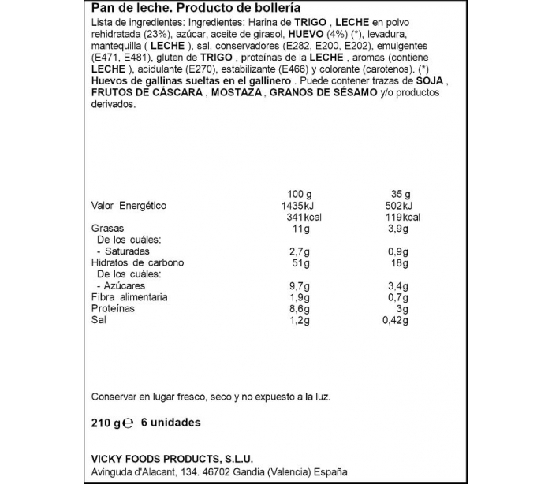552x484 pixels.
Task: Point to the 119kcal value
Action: point(404,217)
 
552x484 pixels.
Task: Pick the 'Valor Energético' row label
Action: point(129,205)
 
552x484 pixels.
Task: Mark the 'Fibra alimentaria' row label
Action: point(129,297)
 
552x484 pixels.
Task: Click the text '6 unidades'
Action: point(170,423)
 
